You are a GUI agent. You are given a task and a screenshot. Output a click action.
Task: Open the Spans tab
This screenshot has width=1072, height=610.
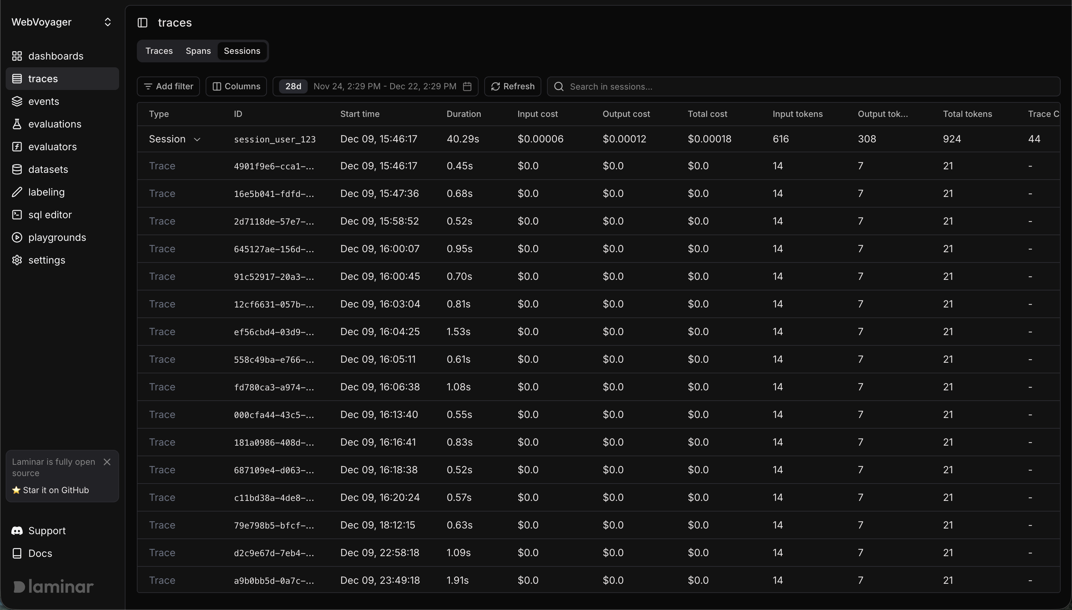(x=198, y=51)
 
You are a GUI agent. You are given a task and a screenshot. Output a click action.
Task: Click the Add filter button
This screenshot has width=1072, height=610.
(x=168, y=86)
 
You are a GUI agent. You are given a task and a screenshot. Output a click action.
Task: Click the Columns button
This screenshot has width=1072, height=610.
(x=236, y=86)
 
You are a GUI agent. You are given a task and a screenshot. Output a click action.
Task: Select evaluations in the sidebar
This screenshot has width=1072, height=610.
(x=55, y=124)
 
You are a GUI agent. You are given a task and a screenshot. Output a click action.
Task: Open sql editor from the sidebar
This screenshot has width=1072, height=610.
(x=50, y=215)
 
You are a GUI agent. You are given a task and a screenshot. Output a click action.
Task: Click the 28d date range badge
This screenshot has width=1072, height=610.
(x=293, y=86)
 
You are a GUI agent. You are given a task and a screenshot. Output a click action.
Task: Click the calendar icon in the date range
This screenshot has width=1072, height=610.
(x=467, y=86)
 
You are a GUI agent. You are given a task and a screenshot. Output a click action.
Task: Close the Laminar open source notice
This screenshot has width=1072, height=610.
(x=107, y=462)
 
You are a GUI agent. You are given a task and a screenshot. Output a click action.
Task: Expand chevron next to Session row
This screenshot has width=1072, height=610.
(x=197, y=139)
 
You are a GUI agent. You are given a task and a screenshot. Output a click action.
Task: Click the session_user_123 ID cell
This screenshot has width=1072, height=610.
(x=275, y=140)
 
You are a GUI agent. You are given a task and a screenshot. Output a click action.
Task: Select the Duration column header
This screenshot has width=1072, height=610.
(x=463, y=114)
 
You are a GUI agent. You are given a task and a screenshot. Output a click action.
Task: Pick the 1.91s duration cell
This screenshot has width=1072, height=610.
(x=457, y=580)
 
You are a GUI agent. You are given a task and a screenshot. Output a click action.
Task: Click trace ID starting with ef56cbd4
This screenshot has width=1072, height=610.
(x=274, y=332)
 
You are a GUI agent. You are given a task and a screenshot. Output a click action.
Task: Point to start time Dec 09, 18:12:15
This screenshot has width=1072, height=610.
(x=377, y=525)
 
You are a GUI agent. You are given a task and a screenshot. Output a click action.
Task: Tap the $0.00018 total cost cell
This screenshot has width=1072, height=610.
(x=709, y=139)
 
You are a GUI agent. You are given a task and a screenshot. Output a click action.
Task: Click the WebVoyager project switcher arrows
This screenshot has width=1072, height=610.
(x=107, y=22)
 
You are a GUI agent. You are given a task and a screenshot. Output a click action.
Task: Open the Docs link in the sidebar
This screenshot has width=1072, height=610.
(x=40, y=553)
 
